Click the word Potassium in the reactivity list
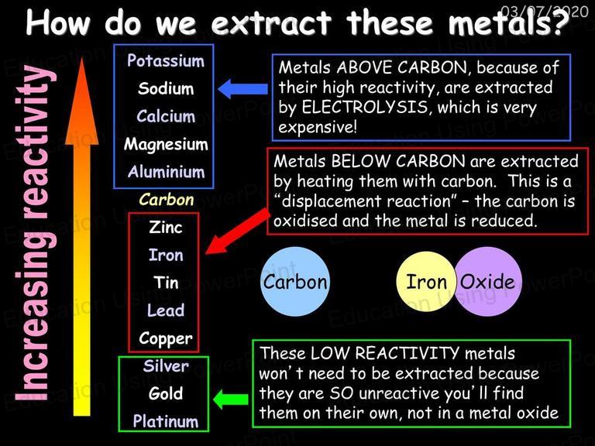[166, 60]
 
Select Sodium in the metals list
[166, 88]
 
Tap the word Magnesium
[166, 145]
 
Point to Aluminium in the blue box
[167, 172]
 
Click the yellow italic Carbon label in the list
[167, 200]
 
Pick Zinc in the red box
[166, 228]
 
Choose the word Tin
[166, 283]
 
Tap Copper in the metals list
[166, 339]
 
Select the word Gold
[166, 393]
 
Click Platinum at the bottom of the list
[166, 421]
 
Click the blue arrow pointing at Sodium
[242, 89]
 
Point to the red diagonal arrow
[237, 232]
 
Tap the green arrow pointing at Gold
[231, 399]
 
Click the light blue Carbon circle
[295, 282]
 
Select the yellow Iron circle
[427, 282]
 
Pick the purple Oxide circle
[487, 282]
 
